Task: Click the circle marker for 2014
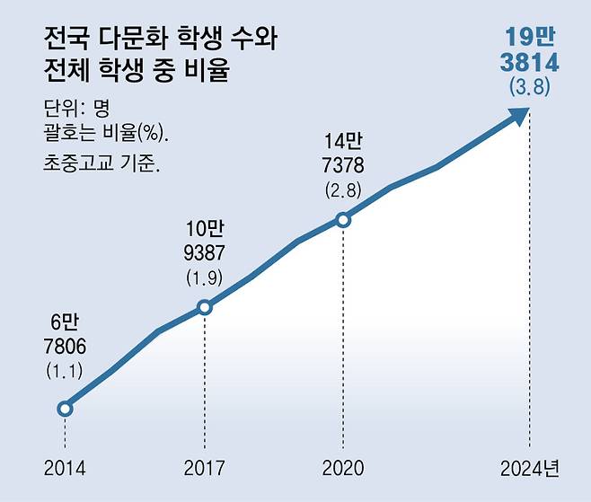(x=65, y=409)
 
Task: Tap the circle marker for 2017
(x=205, y=307)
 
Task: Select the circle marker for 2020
(x=342, y=219)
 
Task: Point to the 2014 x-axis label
(x=65, y=468)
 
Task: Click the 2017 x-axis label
(x=205, y=468)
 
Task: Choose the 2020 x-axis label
(x=342, y=468)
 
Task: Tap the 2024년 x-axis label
(x=530, y=468)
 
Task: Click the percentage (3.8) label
(x=529, y=88)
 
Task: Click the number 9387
(x=203, y=253)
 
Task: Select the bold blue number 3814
(x=529, y=63)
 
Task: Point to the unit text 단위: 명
(x=75, y=110)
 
